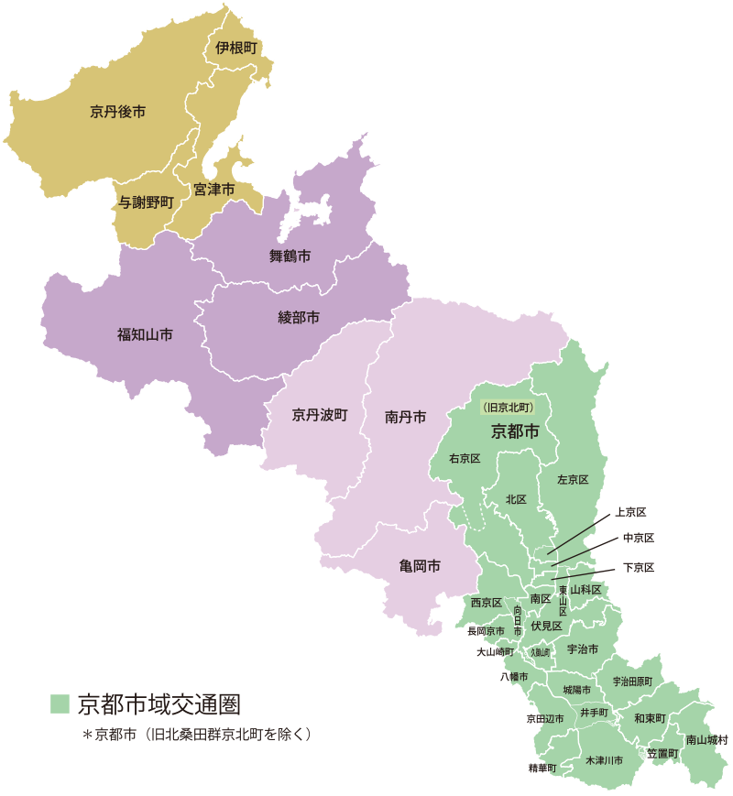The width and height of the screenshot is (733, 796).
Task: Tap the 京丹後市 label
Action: tap(117, 112)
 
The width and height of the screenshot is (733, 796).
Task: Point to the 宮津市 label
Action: tap(213, 189)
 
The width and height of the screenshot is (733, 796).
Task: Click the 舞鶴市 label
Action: tap(290, 256)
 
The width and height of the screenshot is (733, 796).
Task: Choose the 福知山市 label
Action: tap(145, 334)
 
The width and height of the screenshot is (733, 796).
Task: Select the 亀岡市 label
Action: tap(420, 566)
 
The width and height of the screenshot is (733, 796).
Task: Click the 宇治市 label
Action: tap(583, 649)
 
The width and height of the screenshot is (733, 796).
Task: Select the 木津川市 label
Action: tap(604, 760)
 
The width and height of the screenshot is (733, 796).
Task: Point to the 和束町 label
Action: tap(649, 718)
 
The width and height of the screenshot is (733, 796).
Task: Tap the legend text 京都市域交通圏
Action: tap(159, 704)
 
